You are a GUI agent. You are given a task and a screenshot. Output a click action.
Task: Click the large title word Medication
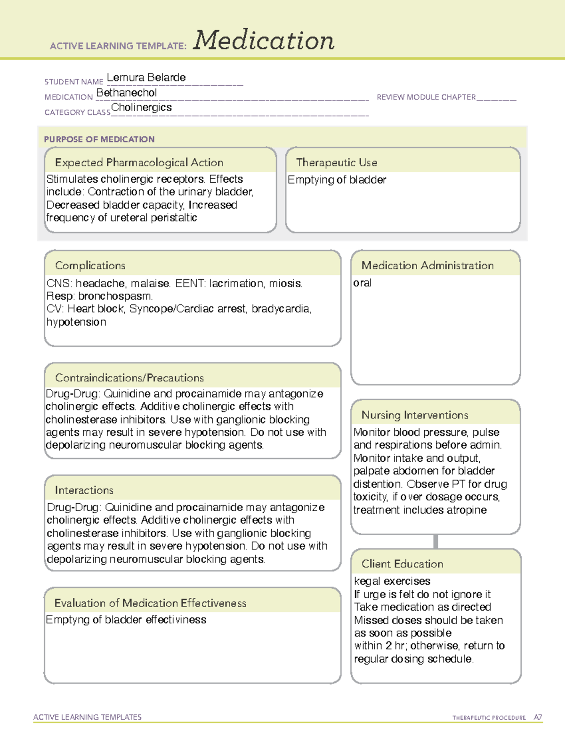(264, 40)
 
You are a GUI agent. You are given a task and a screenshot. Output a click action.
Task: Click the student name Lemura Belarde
(146, 78)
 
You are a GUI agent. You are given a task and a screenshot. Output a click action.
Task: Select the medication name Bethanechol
(126, 93)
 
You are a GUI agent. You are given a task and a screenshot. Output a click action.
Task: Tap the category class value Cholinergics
(141, 108)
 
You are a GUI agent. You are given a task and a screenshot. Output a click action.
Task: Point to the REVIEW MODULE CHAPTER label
(426, 97)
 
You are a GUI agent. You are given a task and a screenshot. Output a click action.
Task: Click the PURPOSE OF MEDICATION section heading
(99, 139)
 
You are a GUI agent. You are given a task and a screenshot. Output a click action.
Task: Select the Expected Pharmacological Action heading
(139, 163)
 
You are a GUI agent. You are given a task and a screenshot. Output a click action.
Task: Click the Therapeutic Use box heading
(337, 163)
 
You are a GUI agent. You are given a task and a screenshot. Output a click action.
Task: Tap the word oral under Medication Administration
(362, 283)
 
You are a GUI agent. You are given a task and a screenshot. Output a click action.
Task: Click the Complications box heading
(90, 266)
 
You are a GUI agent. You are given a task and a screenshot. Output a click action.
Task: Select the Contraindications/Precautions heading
(129, 378)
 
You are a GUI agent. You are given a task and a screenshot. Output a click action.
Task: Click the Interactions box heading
(84, 490)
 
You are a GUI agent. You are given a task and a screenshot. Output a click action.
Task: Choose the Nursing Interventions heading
(415, 415)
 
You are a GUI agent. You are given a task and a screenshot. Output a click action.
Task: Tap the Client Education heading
(402, 564)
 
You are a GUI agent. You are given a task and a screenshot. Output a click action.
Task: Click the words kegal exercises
(392, 582)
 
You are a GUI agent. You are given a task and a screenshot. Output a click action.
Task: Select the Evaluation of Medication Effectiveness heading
(150, 603)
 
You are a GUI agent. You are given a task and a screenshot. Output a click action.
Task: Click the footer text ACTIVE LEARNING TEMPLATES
(88, 717)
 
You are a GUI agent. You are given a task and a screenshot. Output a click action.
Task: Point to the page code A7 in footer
(538, 717)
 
